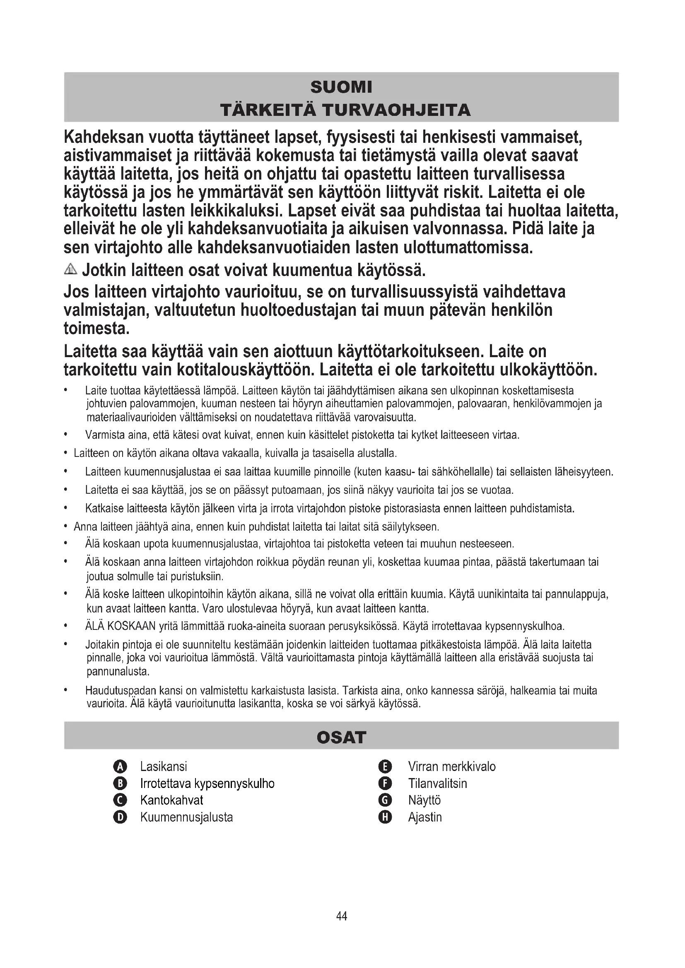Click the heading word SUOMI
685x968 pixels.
tap(341, 87)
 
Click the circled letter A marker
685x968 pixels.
tap(120, 766)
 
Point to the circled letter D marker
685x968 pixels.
tap(120, 817)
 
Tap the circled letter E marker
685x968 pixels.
tap(386, 766)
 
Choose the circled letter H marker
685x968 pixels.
tap(386, 817)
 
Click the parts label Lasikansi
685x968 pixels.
tap(164, 766)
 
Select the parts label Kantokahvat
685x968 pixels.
tap(172, 800)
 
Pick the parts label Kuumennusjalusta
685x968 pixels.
tap(186, 817)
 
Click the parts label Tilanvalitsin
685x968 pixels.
tap(437, 783)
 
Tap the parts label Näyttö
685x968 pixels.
tap(425, 800)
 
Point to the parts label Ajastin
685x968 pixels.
tap(425, 817)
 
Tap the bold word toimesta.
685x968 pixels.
tap(96, 329)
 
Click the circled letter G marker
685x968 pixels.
tap(386, 800)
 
